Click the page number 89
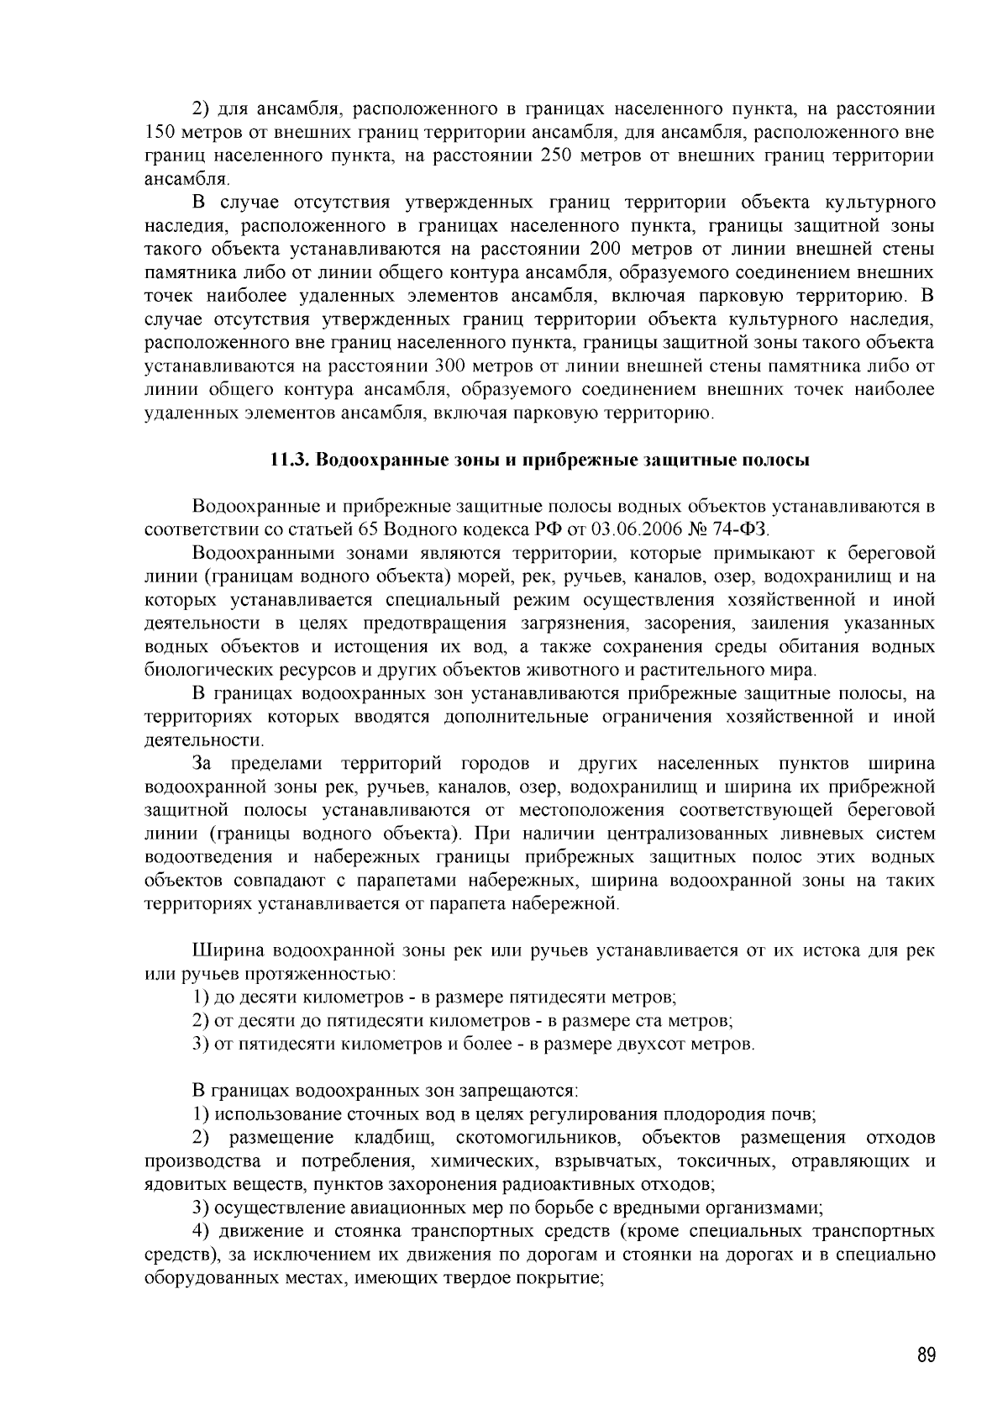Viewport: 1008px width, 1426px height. click(927, 1355)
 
